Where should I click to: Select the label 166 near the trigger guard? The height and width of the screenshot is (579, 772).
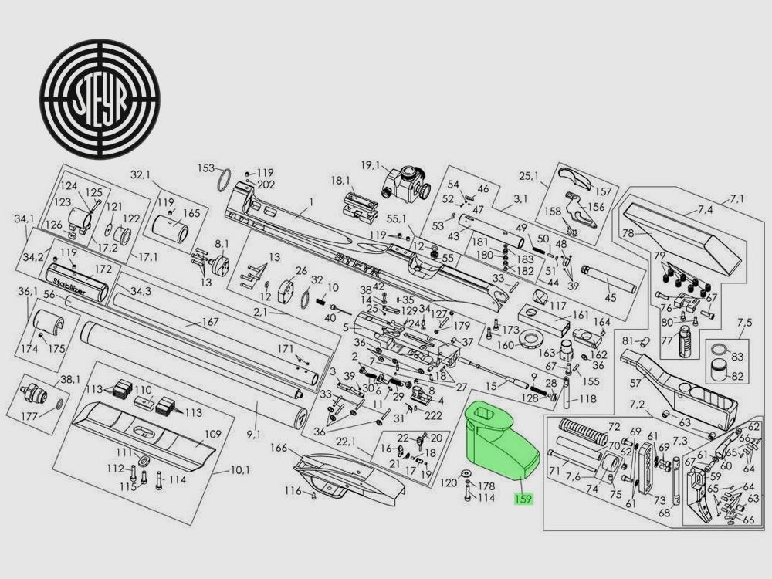(278, 448)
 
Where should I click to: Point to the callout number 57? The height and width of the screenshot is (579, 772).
(635, 383)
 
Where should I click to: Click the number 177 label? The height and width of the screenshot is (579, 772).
(29, 416)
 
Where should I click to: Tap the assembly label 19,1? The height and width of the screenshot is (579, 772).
(371, 164)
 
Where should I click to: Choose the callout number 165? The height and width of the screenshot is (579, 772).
(191, 212)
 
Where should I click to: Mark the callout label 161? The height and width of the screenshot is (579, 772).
(579, 316)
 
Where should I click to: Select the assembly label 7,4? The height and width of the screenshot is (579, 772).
(706, 210)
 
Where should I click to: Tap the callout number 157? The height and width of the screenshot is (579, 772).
(603, 191)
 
